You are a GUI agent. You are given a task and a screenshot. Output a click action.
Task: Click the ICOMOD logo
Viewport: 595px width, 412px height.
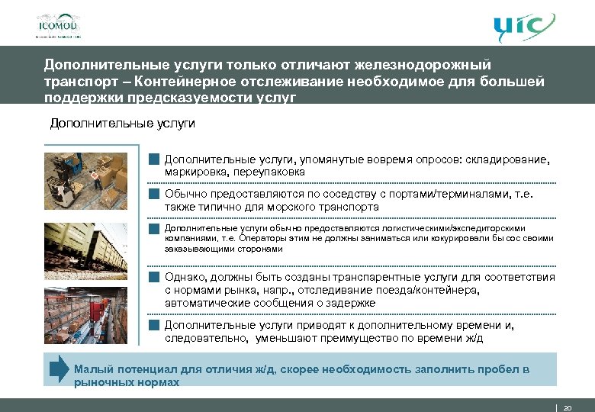[58, 24]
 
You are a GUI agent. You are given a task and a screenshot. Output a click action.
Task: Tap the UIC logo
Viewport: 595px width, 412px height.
[523, 28]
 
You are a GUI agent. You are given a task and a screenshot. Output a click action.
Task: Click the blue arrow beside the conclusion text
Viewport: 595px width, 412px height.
[59, 369]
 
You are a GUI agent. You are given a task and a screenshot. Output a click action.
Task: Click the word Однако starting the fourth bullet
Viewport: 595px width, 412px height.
[185, 277]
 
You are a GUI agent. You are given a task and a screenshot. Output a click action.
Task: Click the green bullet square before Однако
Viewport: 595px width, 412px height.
[153, 277]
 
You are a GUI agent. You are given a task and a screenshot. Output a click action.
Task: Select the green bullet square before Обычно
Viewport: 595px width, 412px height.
[153, 194]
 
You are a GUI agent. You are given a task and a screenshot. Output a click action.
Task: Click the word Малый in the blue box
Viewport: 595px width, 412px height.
[92, 369]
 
